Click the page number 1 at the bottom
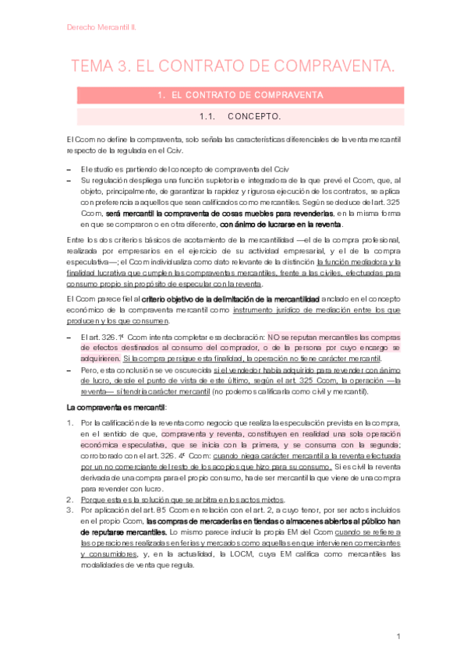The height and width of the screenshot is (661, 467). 398,638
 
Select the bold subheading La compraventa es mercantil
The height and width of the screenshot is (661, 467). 117,408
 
